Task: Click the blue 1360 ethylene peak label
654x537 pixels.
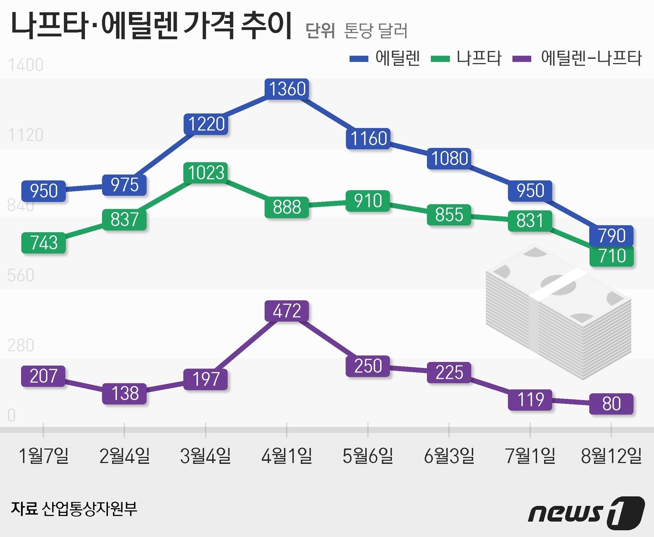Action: [x=287, y=89]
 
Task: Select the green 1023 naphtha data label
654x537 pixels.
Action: [x=206, y=173]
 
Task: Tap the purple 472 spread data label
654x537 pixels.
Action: [x=286, y=311]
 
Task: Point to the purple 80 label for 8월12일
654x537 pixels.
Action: [x=611, y=403]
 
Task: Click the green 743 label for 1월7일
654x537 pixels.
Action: [x=43, y=243]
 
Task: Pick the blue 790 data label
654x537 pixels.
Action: [x=611, y=235]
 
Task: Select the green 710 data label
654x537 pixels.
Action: [x=611, y=256]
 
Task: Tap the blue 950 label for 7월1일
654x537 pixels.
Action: [x=530, y=191]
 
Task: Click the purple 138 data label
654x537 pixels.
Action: [x=125, y=393]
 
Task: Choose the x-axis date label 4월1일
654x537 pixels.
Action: [x=286, y=456]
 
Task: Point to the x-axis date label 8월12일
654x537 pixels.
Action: [x=611, y=456]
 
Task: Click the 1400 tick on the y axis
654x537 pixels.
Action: [x=26, y=65]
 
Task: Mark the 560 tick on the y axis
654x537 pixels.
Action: [x=21, y=275]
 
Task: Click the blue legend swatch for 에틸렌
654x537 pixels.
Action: [x=359, y=59]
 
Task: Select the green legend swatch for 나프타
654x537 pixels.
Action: [x=440, y=59]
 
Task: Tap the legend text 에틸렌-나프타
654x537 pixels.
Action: [x=591, y=58]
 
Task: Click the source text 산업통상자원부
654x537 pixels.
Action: [x=89, y=509]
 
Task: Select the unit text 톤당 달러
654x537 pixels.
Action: [x=376, y=31]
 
